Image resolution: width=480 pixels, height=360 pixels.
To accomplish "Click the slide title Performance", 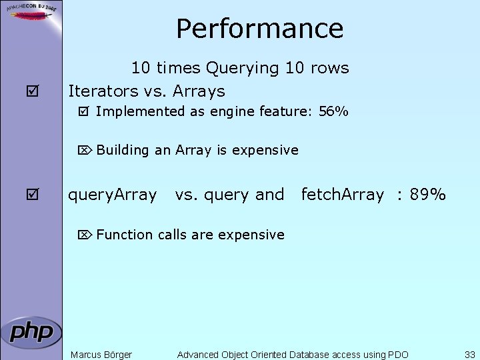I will [x=259, y=29].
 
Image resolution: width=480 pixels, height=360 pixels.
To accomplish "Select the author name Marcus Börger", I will [x=101, y=355].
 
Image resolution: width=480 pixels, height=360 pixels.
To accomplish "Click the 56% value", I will [x=333, y=112].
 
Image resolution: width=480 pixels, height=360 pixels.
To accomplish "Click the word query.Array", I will [x=113, y=195].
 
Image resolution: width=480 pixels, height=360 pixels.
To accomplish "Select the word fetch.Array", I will [x=343, y=195].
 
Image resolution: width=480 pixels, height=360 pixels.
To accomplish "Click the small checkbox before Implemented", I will [x=83, y=112].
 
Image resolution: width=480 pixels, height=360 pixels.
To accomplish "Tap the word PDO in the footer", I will [x=397, y=355].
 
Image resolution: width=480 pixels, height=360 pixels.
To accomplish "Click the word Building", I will [x=123, y=151].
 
